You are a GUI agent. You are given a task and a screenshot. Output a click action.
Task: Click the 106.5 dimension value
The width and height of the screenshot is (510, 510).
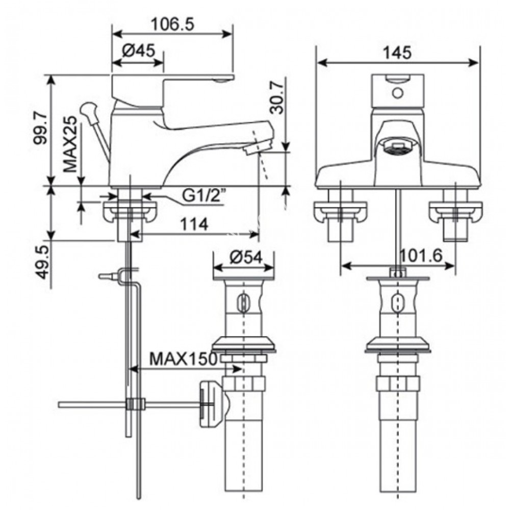pos(173,24)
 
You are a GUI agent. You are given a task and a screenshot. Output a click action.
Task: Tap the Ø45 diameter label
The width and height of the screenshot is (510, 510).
pos(138,51)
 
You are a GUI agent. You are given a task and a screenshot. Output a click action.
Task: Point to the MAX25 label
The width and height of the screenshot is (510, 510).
pos(71,145)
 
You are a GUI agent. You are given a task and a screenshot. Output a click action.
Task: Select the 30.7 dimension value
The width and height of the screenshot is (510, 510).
pos(276,97)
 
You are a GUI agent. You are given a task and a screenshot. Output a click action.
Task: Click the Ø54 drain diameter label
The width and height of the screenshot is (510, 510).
pos(245,257)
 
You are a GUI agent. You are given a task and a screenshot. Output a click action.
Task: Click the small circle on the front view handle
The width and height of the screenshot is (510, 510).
pos(397,93)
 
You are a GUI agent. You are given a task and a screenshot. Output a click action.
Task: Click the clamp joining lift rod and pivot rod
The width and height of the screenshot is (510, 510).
pos(135,404)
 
